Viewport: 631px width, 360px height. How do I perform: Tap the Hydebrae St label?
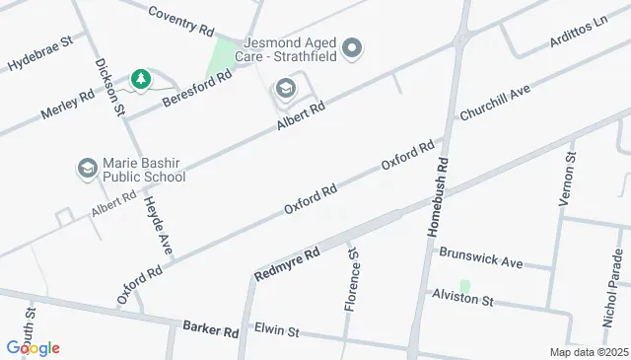coord(40,54)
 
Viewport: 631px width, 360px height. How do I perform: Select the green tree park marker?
coord(141,78)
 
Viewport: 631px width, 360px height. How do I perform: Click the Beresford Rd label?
coord(197,90)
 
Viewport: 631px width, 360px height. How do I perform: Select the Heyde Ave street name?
coord(158,226)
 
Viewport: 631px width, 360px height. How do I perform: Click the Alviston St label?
coord(461,297)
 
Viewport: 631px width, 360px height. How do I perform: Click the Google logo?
coord(33,347)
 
